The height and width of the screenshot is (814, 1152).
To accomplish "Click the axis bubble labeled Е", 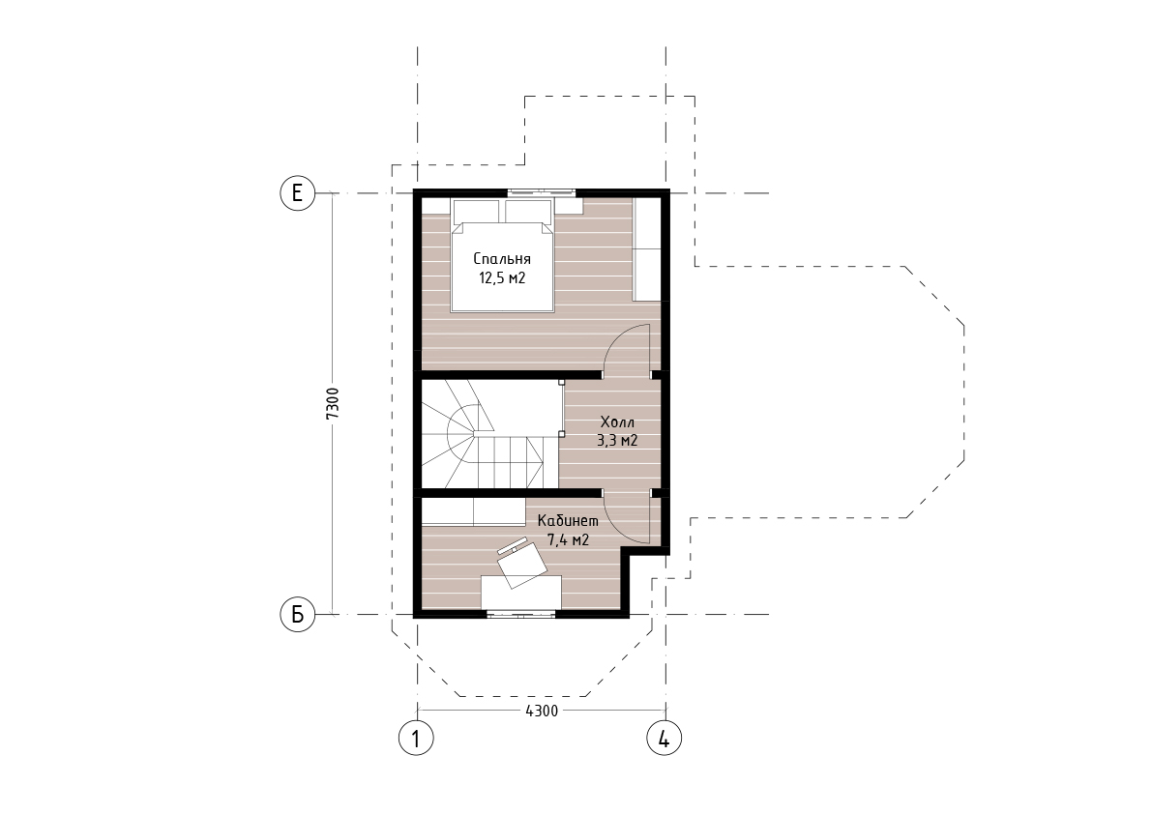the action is click(298, 193).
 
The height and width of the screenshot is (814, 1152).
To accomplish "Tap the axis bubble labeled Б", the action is click(298, 614).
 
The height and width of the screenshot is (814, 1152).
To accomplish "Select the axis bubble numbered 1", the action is click(417, 739).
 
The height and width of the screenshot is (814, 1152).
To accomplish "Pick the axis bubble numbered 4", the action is click(665, 739).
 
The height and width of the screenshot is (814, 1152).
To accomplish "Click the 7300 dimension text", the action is click(332, 404).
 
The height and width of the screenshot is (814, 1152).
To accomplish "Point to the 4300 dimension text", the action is click(543, 711).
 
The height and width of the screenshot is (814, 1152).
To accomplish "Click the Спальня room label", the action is click(502, 259).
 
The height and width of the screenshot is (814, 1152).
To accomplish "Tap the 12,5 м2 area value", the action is click(503, 278).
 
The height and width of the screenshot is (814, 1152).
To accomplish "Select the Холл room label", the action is click(617, 422).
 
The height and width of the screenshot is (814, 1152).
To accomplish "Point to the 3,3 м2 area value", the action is click(616, 441).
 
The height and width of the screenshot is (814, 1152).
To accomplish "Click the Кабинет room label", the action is click(568, 521).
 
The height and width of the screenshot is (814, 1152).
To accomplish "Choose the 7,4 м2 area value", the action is click(568, 540).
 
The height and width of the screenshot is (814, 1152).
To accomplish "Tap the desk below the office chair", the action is click(521, 593).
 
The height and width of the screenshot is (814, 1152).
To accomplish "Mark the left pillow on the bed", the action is click(478, 212).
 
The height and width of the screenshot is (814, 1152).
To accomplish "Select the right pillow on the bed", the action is click(529, 212).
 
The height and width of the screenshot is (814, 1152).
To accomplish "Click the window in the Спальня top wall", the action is click(542, 193).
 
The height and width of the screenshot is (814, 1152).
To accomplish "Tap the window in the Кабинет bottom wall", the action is click(521, 614).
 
